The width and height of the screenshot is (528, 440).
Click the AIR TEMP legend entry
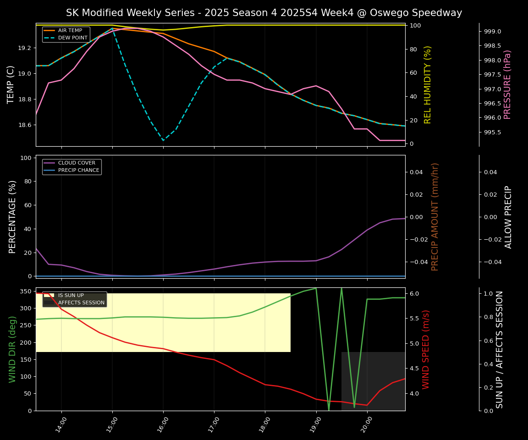[70, 31]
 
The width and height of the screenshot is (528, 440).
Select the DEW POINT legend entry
[72, 38]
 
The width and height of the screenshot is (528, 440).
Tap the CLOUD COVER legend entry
[77, 163]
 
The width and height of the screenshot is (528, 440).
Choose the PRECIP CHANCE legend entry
[78, 170]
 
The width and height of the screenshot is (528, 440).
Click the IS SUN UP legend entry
[71, 296]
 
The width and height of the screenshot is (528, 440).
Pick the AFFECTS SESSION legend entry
[81, 303]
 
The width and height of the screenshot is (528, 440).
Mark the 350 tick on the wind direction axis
[26, 291]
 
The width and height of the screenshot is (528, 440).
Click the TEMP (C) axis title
[11, 84]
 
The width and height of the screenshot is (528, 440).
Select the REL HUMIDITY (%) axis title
[428, 84]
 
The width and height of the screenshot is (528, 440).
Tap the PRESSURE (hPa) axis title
[507, 84]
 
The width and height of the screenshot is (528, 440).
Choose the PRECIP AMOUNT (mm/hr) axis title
[435, 216]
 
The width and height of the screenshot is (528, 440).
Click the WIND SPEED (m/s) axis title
[426, 349]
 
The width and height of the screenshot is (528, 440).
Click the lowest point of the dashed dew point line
[163, 141]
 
